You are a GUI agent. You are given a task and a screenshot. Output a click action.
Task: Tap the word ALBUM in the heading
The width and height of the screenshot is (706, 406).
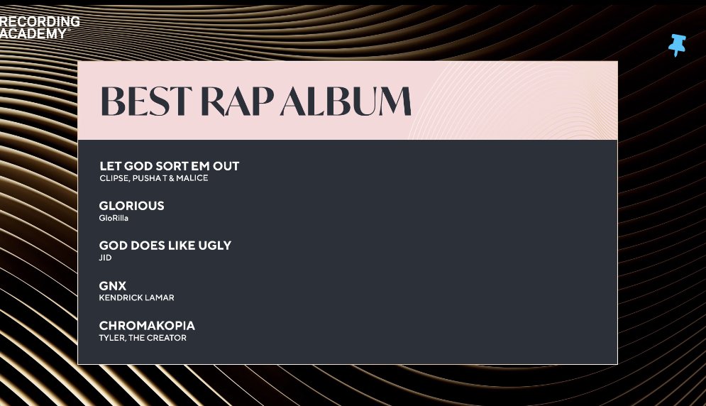point(346,101)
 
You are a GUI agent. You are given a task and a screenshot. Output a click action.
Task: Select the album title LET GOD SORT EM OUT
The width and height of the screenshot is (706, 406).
point(169,166)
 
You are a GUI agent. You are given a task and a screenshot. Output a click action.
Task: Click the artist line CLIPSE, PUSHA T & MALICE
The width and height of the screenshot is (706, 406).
point(153,178)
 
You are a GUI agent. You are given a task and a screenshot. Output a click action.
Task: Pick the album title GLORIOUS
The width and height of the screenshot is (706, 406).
point(131,206)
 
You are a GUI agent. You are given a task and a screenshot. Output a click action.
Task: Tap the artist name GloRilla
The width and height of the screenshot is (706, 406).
point(114,218)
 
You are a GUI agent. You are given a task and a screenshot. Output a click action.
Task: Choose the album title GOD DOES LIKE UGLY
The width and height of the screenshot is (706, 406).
point(165,246)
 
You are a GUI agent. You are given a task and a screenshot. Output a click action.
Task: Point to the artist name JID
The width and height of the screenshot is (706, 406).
point(105,258)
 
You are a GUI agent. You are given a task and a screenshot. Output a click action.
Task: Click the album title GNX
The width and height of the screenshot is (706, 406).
point(112,286)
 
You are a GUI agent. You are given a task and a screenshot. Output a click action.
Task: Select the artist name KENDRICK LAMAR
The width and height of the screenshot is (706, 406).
point(136,297)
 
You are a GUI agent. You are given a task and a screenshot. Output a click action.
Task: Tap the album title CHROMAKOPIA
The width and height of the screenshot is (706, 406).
point(147,326)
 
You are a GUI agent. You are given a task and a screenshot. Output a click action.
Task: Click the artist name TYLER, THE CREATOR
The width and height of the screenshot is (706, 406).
point(143,338)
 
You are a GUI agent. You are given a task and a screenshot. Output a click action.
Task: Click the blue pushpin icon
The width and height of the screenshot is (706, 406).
point(678,45)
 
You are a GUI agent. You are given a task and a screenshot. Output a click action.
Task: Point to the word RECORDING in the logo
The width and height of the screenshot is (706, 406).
point(40,22)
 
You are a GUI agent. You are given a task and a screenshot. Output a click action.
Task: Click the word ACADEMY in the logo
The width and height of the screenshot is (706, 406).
point(33,33)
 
